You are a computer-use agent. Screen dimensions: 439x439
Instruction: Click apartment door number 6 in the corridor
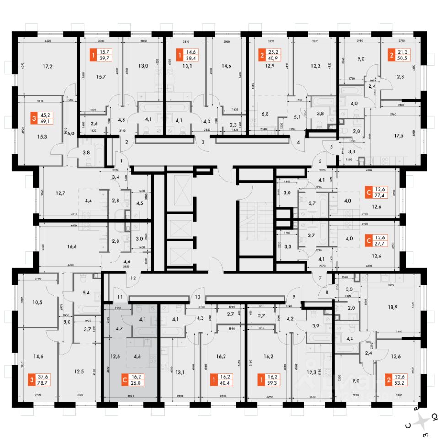pos(319,161)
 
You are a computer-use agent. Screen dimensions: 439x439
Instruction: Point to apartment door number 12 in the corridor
pos(134,278)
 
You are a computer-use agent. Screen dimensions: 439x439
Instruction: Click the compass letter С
pos(407,425)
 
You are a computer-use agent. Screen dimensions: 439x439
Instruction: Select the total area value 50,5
pos(404,59)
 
